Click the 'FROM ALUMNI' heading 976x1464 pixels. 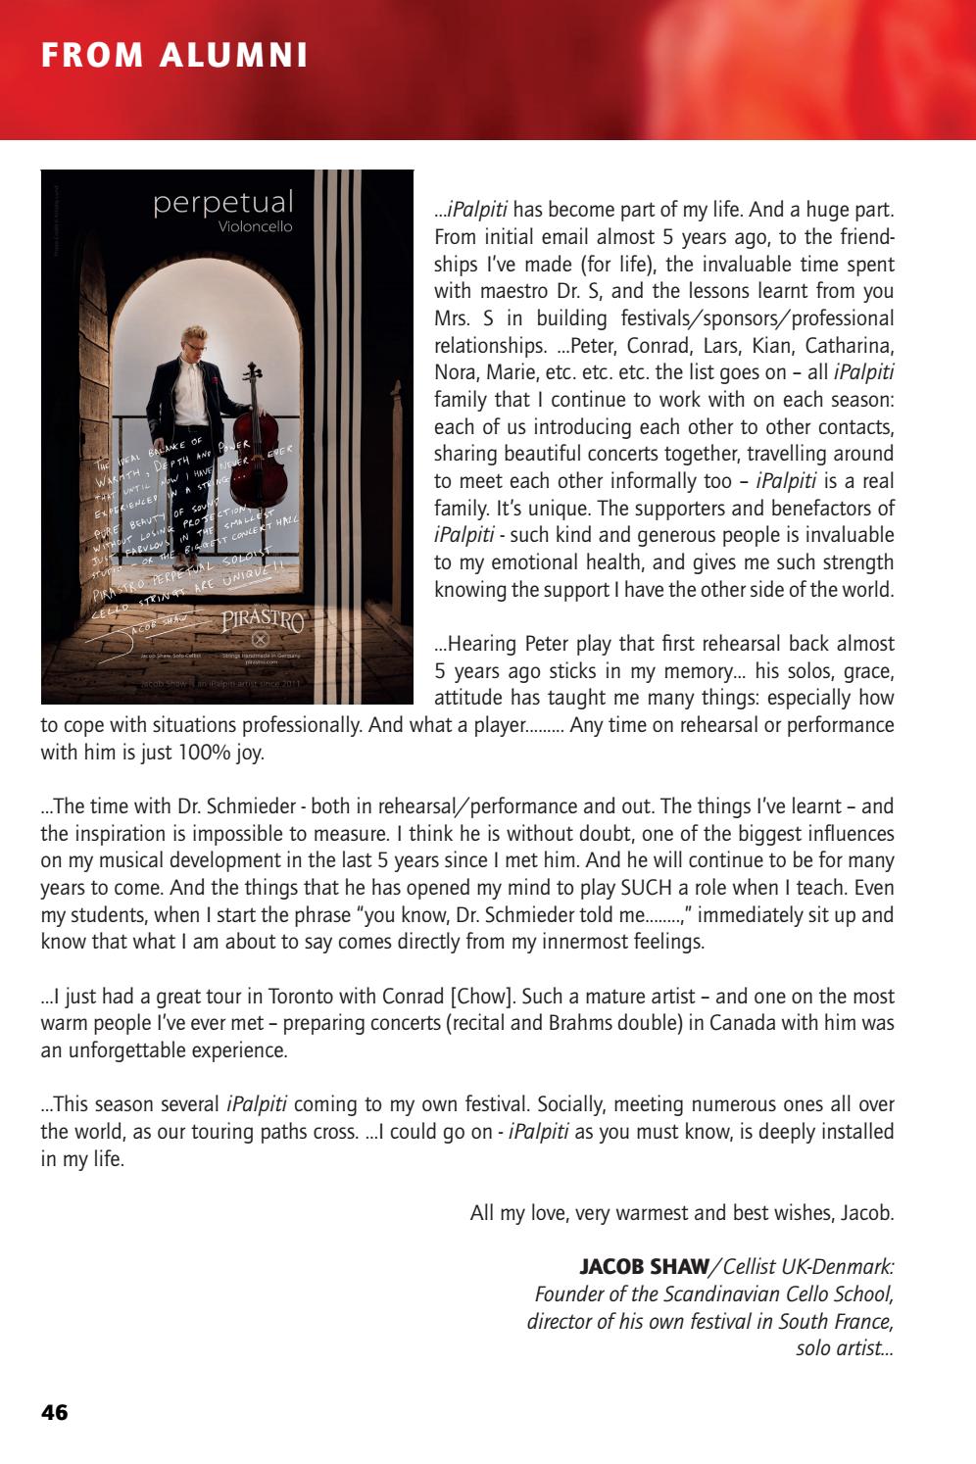click(174, 55)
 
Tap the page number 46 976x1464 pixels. click(55, 1412)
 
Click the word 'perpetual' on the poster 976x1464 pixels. click(223, 203)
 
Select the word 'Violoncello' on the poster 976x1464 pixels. click(255, 227)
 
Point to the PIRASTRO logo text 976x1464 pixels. click(263, 620)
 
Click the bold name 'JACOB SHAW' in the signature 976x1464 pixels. click(644, 1267)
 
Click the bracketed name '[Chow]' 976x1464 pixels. click(482, 997)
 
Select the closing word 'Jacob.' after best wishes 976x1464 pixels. click(867, 1213)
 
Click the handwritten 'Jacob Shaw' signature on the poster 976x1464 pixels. click(157, 625)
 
